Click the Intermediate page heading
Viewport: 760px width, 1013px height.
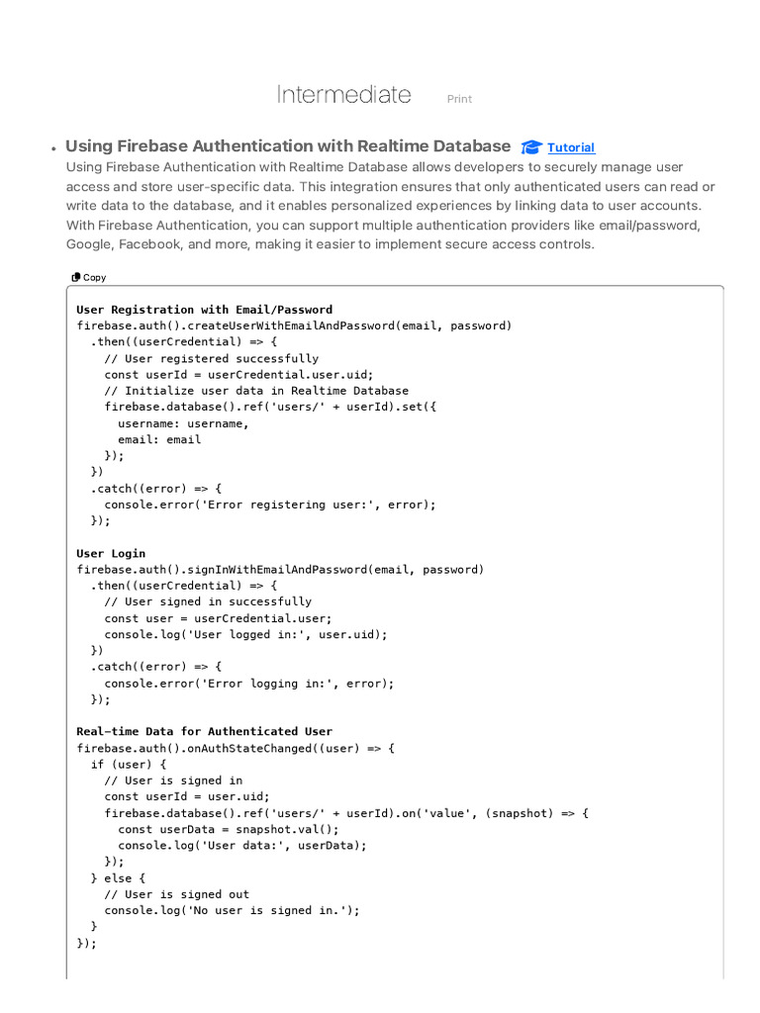(343, 95)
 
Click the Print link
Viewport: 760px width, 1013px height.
(459, 99)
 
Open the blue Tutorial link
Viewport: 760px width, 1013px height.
(571, 147)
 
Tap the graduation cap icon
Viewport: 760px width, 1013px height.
(531, 147)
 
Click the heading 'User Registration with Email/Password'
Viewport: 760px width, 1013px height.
(204, 310)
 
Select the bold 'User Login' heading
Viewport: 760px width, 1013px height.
(111, 553)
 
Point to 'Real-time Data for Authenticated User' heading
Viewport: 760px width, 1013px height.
(204, 731)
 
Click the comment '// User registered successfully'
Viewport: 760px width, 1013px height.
(212, 358)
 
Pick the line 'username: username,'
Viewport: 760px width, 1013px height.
(184, 423)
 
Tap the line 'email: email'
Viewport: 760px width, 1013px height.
(159, 439)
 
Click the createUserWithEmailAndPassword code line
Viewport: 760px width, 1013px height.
(294, 325)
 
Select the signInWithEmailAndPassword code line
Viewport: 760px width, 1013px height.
(280, 569)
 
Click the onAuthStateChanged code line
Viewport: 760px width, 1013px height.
(236, 748)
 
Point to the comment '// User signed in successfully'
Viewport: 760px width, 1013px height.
(208, 601)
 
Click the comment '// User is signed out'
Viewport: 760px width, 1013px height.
(177, 894)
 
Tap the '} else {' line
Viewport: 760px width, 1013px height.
(118, 877)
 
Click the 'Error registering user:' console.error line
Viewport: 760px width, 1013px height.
(269, 505)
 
